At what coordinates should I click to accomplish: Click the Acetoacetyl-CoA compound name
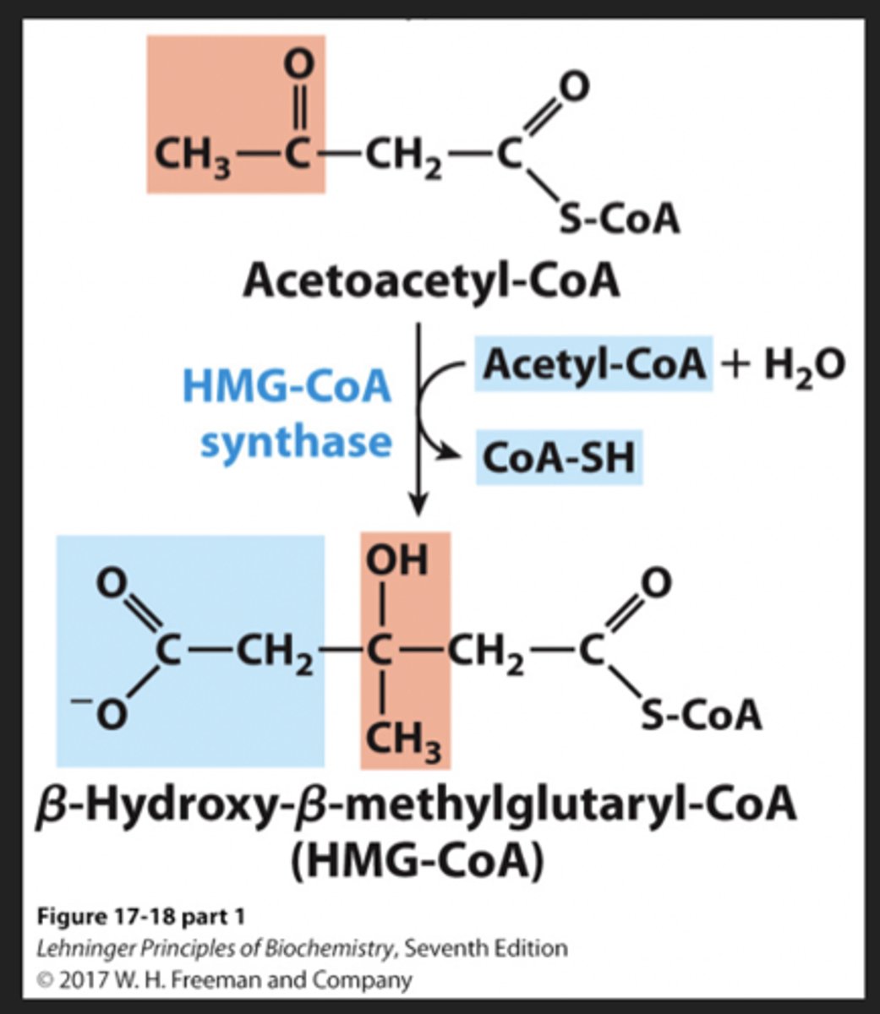point(431,281)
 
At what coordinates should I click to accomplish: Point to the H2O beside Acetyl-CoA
point(803,366)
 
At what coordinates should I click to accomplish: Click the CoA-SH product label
point(558,458)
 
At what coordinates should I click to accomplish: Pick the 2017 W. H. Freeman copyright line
point(224,980)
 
